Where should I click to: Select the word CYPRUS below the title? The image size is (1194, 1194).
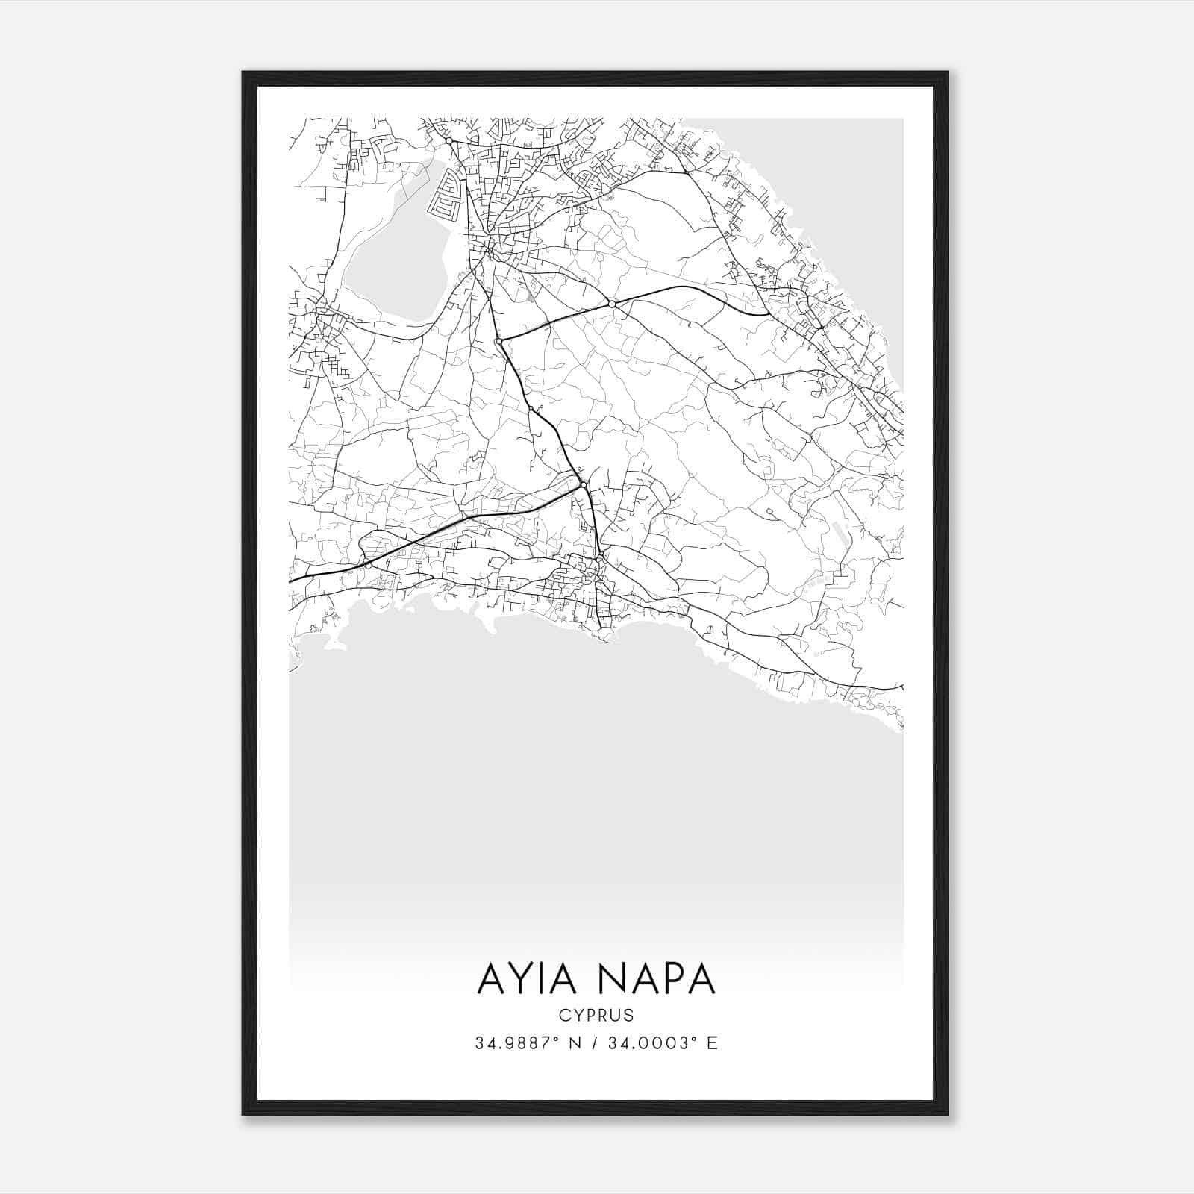pos(596,1016)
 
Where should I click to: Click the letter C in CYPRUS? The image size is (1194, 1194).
pos(563,1016)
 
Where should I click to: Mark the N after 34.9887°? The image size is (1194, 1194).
pos(575,1043)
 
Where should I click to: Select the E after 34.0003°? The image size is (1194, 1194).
pos(713,1043)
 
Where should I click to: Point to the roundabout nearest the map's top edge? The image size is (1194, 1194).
pos(449,140)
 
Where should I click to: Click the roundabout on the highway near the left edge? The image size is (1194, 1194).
pos(368,565)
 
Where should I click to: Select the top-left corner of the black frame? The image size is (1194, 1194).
pos(244,73)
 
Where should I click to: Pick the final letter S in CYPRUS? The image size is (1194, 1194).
pos(628,1016)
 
